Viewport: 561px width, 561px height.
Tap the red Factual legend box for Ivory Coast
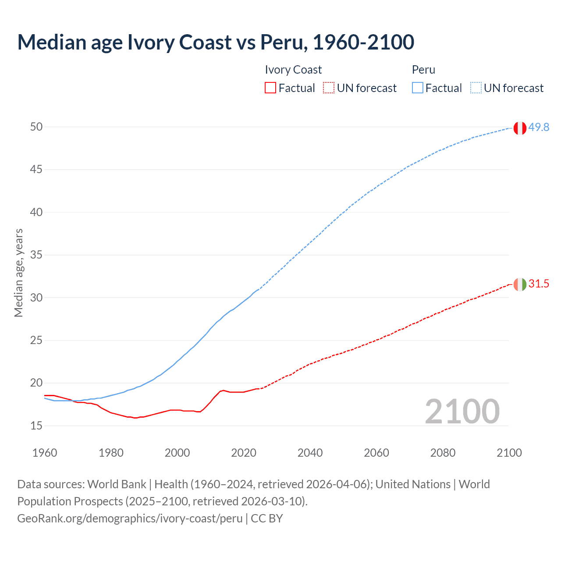point(270,88)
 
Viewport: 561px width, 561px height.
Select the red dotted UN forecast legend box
point(329,88)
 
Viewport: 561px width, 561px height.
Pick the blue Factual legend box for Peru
point(418,88)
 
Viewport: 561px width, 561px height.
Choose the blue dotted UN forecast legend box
point(476,88)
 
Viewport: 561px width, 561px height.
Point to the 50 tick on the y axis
point(36,127)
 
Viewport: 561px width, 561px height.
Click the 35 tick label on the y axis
point(36,255)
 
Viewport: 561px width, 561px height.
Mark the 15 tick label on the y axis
point(36,426)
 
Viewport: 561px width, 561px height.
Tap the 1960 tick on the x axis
point(45,453)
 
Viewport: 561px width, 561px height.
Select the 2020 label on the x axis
point(244,453)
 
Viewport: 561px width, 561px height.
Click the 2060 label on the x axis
point(376,453)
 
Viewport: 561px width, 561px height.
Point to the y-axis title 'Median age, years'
point(18,273)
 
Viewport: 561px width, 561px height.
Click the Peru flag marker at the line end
point(520,128)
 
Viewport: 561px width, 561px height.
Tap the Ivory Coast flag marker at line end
point(520,284)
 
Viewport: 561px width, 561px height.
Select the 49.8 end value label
point(539,127)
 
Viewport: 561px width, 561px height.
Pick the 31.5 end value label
point(539,284)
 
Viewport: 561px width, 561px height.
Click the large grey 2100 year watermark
point(462,411)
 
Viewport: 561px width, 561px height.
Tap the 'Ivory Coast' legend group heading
point(293,70)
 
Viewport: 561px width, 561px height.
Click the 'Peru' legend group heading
point(423,70)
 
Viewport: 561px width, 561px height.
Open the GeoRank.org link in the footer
point(130,518)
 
